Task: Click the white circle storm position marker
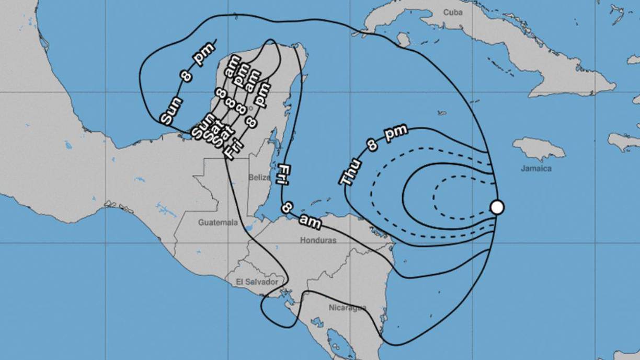point(497,207)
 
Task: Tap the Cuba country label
point(454,12)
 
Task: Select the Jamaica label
point(536,168)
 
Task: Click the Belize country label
point(259,177)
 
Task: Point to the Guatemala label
point(218,223)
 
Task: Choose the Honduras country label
point(318,240)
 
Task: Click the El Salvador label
point(257,282)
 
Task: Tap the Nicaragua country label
point(347,307)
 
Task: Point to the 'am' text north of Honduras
point(310,222)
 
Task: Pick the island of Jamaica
point(539,148)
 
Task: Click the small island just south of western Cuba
point(403,40)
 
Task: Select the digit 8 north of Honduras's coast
point(287,207)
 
